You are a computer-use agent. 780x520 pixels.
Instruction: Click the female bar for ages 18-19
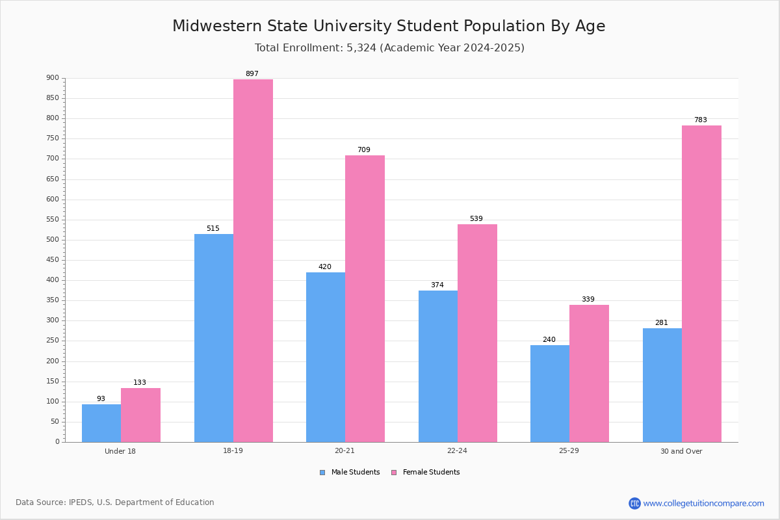point(253,261)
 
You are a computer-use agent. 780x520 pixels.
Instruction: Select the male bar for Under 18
point(101,423)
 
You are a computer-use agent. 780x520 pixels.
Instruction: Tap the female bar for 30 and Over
point(701,284)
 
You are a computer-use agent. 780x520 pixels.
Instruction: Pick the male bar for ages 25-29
point(550,393)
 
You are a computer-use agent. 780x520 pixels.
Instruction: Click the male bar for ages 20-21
point(326,357)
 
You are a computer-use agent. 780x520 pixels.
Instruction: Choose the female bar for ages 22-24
point(477,333)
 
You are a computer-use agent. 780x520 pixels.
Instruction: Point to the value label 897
point(252,73)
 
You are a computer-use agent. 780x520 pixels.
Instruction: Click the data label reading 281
point(662,322)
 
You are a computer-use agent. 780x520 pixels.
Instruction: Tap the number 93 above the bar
point(101,398)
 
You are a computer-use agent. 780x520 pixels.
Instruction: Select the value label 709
point(364,149)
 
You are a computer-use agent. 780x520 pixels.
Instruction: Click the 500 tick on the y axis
point(53,240)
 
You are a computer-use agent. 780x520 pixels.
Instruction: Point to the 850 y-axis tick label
point(53,98)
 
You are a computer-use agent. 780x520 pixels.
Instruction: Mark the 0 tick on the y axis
point(57,441)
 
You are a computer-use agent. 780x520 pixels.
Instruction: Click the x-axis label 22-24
point(457,450)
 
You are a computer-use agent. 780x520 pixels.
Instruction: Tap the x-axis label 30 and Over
point(681,451)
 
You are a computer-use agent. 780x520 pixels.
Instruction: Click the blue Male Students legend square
point(322,473)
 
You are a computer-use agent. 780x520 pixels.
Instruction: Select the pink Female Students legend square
point(394,473)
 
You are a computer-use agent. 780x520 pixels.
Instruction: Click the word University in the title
point(352,26)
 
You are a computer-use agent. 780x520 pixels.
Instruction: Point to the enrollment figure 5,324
point(361,47)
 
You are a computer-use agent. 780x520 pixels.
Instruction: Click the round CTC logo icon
point(634,503)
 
